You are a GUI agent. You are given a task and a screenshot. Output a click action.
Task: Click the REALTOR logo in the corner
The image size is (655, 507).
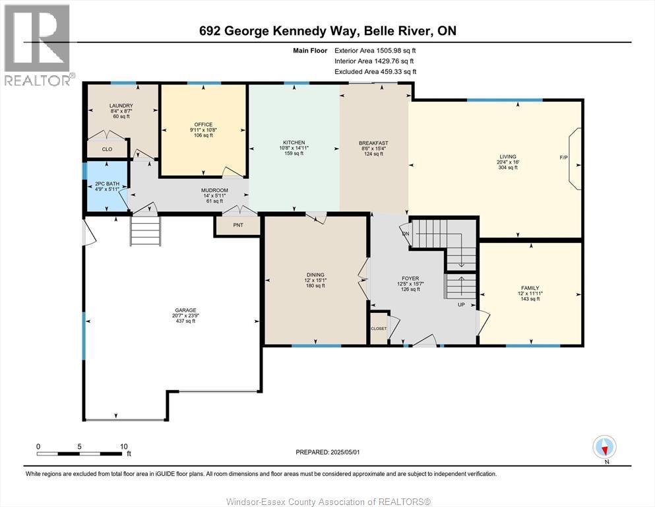[38, 45]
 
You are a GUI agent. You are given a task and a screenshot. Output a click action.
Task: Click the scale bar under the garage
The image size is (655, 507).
[80, 454]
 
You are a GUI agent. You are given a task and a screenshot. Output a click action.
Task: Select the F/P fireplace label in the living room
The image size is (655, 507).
[564, 158]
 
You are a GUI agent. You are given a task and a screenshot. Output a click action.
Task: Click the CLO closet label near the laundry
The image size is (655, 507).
[107, 149]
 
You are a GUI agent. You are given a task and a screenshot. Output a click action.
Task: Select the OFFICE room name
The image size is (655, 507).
[203, 124]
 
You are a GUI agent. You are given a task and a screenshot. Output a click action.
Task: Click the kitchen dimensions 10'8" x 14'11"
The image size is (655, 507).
[294, 148]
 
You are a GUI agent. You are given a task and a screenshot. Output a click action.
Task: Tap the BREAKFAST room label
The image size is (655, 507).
[373, 143]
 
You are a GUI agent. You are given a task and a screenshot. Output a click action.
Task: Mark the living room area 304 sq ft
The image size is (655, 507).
[507, 168]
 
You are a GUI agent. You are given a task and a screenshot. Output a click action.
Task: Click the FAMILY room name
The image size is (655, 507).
[530, 288]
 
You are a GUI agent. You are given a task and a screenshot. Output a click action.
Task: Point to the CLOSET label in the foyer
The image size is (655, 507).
[379, 329]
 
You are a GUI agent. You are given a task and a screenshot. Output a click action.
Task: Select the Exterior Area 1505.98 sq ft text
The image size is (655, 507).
[375, 50]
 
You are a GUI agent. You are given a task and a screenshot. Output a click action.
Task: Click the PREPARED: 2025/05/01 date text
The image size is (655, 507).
[328, 452]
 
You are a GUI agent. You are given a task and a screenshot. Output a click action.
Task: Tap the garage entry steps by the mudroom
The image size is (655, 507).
[145, 232]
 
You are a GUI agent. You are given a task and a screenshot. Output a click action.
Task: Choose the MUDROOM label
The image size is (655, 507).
[214, 191]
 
